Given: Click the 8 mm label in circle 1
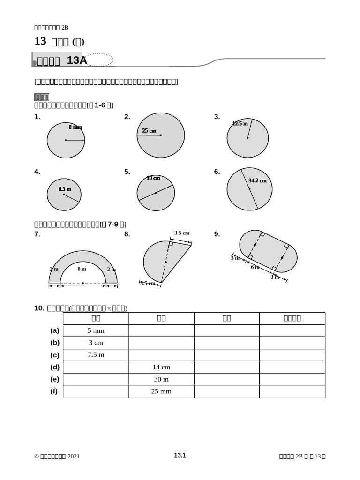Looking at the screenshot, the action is (x=75, y=127).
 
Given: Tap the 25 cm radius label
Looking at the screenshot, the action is (x=149, y=131).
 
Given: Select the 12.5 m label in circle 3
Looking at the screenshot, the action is (x=240, y=124).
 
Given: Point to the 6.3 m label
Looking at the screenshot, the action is (x=65, y=189).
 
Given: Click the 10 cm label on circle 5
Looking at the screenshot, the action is (x=153, y=178).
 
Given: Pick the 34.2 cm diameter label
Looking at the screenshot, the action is (x=257, y=180).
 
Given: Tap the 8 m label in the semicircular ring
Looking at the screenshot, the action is (x=82, y=269).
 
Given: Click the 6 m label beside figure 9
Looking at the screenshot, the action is (x=255, y=267).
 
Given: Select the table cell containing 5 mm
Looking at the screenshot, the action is (x=96, y=330).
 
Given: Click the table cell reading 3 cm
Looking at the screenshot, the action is (x=96, y=343).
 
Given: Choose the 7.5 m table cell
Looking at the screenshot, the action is (x=96, y=355).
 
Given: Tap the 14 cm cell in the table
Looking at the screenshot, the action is (x=161, y=367).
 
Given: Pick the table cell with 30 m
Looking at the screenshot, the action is (x=161, y=379).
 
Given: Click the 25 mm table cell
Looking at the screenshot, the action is (x=161, y=391).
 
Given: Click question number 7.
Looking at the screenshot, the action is (x=37, y=234).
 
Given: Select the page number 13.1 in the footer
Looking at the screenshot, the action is (x=180, y=455).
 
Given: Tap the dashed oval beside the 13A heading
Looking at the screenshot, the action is (x=100, y=60).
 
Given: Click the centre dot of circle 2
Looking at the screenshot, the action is (x=161, y=135).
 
